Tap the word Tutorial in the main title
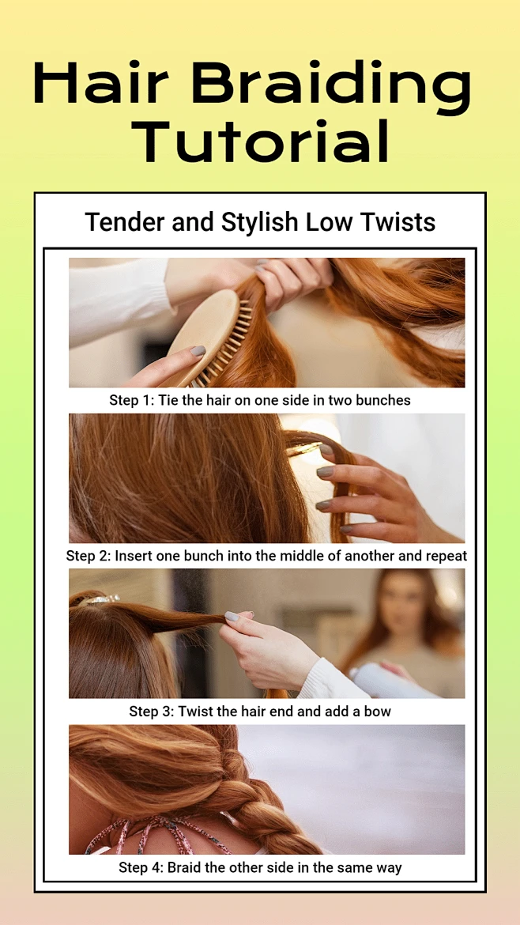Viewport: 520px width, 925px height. [261, 141]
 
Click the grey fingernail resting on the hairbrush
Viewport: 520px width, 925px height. [198, 352]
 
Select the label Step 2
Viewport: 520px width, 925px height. [89, 557]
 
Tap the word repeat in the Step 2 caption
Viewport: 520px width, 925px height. [449, 557]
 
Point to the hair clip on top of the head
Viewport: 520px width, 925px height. [99, 600]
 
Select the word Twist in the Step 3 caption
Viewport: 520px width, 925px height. [198, 712]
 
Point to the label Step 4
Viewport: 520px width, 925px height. [141, 868]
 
